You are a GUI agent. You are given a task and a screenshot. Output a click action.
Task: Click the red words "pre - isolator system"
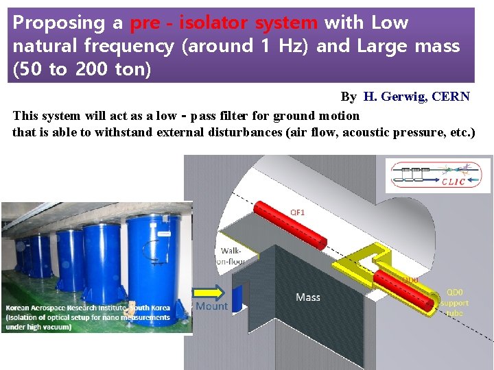(224, 23)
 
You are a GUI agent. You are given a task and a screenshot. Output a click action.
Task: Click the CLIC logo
(438, 175)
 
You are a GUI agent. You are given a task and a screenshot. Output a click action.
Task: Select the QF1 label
(298, 212)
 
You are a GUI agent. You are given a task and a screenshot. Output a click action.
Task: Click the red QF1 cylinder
(291, 226)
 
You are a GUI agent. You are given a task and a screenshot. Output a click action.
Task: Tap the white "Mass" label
(308, 297)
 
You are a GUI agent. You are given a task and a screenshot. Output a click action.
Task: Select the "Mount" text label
(212, 306)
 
